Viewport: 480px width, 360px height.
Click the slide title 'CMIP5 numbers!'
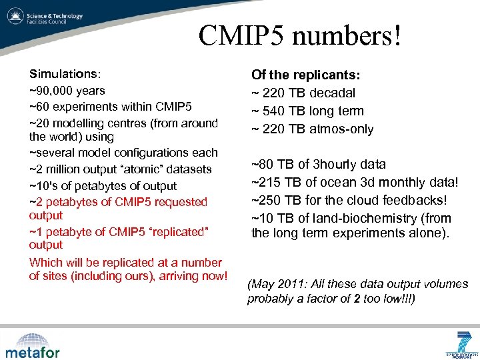point(300,35)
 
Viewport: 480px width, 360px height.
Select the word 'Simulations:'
point(64,74)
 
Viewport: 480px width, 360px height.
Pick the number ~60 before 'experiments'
point(39,107)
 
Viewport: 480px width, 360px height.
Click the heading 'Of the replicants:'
point(306,75)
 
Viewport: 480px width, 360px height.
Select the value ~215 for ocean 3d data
point(266,183)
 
